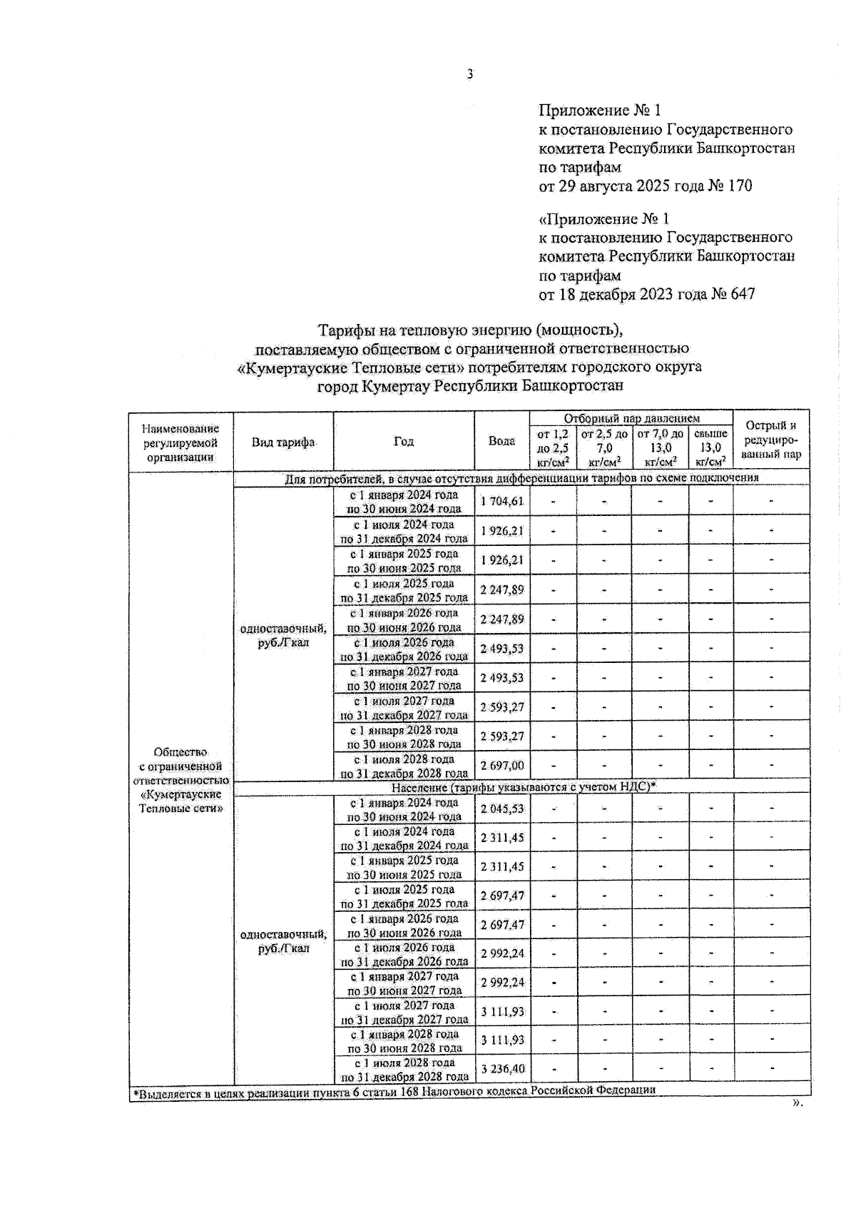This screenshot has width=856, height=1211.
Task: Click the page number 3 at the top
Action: pyautogui.click(x=470, y=74)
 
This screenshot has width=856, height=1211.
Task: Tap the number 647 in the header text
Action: pyautogui.click(x=740, y=294)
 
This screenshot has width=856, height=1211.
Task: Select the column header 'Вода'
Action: pyautogui.click(x=501, y=441)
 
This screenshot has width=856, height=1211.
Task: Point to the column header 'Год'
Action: pyautogui.click(x=404, y=442)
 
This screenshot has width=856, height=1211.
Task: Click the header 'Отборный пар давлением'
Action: pyautogui.click(x=631, y=418)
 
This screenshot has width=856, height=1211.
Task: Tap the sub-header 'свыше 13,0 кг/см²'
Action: pyautogui.click(x=710, y=447)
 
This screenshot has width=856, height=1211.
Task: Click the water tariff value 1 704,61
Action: pyautogui.click(x=502, y=502)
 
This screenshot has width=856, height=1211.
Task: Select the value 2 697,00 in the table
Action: pyautogui.click(x=502, y=766)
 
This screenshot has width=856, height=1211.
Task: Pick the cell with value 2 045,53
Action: pyautogui.click(x=502, y=809)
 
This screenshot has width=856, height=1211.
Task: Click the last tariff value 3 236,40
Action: pyautogui.click(x=503, y=1069)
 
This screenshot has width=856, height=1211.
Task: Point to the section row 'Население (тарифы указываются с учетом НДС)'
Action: pyautogui.click(x=524, y=786)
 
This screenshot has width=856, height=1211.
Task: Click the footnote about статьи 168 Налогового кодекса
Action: pyautogui.click(x=394, y=1090)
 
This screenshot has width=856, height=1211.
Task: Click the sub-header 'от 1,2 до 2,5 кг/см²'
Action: pyautogui.click(x=553, y=447)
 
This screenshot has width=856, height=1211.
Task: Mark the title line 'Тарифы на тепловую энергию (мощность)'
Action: pyautogui.click(x=471, y=330)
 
